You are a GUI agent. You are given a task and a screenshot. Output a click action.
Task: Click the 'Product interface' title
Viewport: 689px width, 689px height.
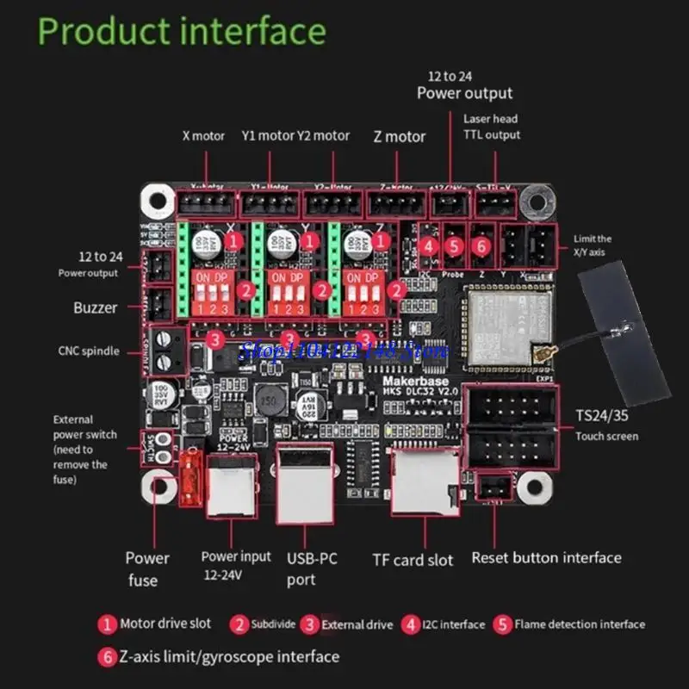click(x=183, y=32)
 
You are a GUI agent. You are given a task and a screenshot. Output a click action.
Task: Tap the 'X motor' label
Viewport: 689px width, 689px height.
click(x=203, y=135)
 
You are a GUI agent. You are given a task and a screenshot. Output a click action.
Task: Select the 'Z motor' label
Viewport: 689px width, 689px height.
click(x=399, y=136)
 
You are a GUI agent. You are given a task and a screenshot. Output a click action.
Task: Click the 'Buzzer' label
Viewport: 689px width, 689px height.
click(x=96, y=307)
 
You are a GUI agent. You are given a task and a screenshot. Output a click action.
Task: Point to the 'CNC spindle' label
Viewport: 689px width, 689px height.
click(x=94, y=350)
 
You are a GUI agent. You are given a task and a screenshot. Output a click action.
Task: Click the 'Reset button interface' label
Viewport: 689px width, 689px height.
click(x=546, y=557)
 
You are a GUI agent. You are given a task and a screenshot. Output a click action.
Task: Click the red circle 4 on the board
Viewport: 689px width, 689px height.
click(x=429, y=245)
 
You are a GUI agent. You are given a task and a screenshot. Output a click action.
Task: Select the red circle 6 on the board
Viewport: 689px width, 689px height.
click(x=481, y=245)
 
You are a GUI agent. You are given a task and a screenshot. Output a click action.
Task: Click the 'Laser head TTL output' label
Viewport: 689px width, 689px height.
click(x=491, y=127)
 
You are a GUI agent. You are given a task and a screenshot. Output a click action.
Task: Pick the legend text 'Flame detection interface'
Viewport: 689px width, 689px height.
click(x=580, y=624)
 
